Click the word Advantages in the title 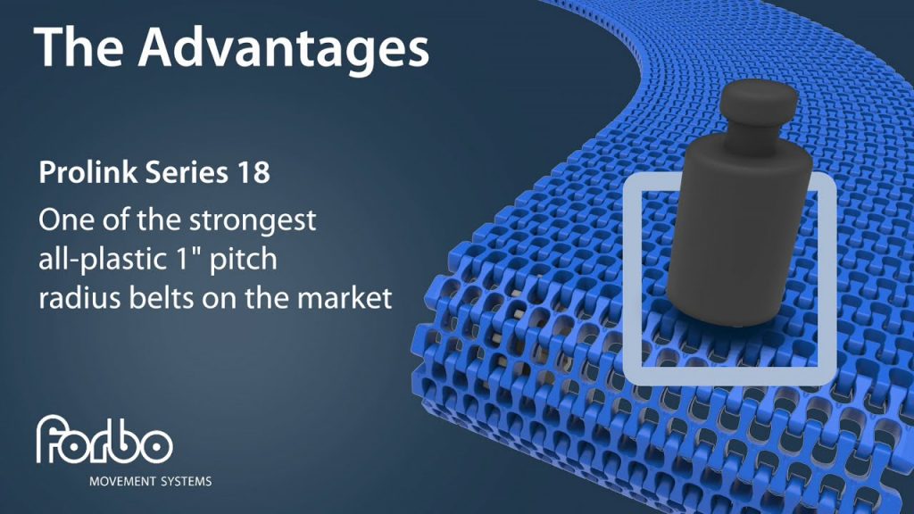284,49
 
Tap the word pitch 243,260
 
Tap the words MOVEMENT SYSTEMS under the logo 150,482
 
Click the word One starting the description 63,221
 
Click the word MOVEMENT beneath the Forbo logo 122,482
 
